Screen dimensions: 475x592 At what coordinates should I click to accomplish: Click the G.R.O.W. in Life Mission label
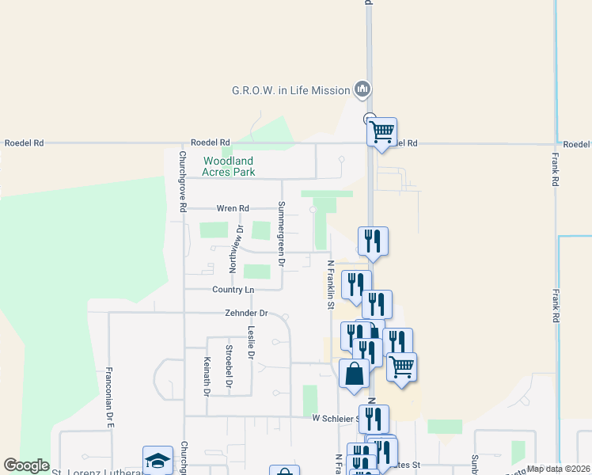point(290,90)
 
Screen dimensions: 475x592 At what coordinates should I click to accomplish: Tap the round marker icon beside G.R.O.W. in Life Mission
point(362,89)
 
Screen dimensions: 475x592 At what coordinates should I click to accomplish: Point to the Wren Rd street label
point(233,208)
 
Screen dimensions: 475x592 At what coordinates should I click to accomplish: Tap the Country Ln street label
point(233,290)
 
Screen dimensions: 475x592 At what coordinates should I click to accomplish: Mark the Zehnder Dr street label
point(247,313)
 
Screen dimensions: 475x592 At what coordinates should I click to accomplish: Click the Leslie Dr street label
point(250,343)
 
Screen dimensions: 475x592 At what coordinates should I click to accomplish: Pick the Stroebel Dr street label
point(229,366)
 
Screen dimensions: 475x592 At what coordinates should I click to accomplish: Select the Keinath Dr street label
point(207,376)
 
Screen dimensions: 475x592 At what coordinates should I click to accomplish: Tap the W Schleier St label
point(336,417)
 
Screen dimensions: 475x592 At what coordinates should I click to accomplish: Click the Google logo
point(26,465)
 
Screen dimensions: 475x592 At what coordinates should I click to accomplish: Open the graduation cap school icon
point(157,461)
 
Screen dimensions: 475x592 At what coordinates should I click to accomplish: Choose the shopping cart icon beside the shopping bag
point(401,367)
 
